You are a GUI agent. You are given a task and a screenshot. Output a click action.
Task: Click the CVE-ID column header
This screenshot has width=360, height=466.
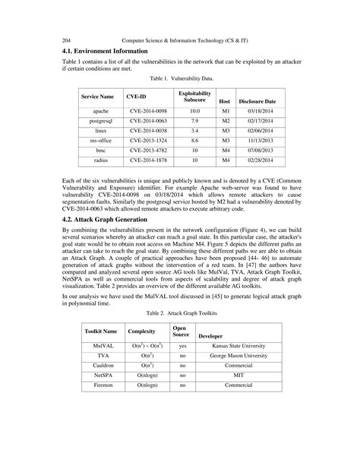pyautogui.click(x=137, y=97)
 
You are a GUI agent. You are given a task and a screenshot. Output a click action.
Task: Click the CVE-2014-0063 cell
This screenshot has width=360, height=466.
pyautogui.click(x=147, y=120)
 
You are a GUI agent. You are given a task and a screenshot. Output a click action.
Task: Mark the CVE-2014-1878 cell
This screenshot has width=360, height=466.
pyautogui.click(x=147, y=160)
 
